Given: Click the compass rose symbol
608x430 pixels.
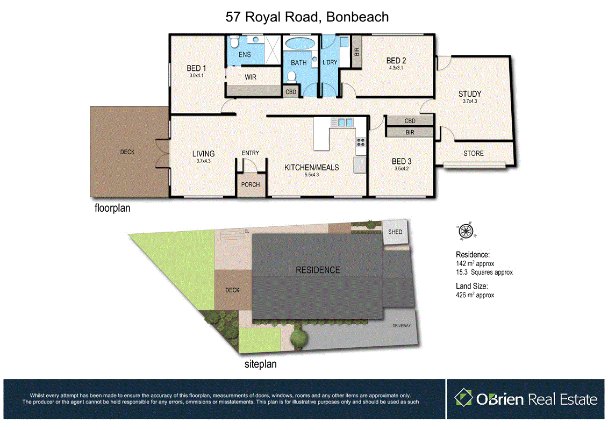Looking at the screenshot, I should (466, 231).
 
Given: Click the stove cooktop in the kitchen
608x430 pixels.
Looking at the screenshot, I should (360, 142).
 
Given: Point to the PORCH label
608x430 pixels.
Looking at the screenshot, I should (251, 184).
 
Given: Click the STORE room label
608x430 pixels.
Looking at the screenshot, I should (474, 153).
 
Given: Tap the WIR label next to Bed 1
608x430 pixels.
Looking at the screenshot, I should (251, 77).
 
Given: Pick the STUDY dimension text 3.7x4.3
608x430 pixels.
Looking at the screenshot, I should (470, 101).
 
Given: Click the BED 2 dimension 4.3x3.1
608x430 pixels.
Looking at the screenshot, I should (395, 68).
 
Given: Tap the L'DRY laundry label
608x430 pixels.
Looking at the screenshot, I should (329, 62).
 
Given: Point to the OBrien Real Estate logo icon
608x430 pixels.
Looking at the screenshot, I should (462, 398).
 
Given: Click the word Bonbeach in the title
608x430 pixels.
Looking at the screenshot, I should (356, 17).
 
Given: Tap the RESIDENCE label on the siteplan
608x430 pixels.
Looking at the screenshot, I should (318, 270).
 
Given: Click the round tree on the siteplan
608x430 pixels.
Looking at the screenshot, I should (298, 338).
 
